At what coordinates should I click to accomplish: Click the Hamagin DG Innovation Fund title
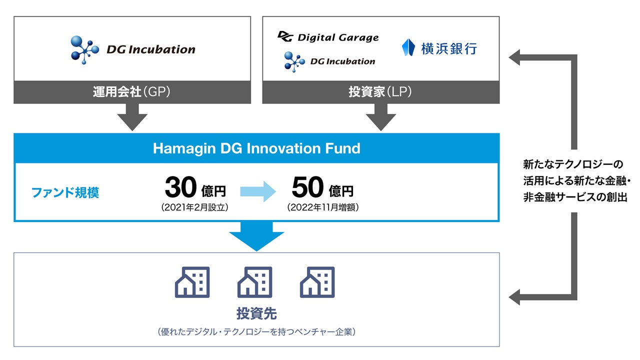pyautogui.click(x=256, y=148)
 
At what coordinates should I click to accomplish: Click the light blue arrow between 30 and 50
pyautogui.click(x=258, y=190)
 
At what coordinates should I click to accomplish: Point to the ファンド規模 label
pyautogui.click(x=65, y=192)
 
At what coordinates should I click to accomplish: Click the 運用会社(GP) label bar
pyautogui.click(x=132, y=92)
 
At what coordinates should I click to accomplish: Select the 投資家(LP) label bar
pyautogui.click(x=380, y=92)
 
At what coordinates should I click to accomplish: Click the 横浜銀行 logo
pyautogui.click(x=439, y=48)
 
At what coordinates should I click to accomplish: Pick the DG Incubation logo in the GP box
pyautogui.click(x=133, y=48)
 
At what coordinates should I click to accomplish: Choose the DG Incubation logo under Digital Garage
pyautogui.click(x=329, y=61)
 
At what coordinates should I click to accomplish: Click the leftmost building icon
pyautogui.click(x=192, y=282)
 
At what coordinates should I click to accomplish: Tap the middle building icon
pyautogui.click(x=254, y=282)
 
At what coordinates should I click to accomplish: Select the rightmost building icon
pyautogui.click(x=317, y=282)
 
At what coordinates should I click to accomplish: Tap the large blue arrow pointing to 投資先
pyautogui.click(x=256, y=236)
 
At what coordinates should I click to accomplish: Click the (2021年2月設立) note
pyautogui.click(x=195, y=207)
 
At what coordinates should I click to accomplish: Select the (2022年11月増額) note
pyautogui.click(x=322, y=207)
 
